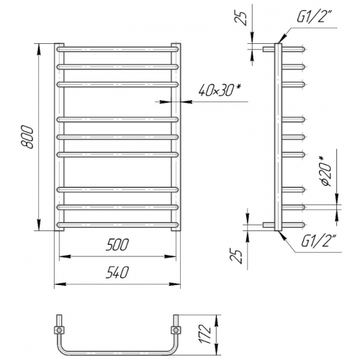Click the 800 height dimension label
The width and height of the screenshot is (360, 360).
click(27, 137)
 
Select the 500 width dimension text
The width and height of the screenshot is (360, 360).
click(117, 244)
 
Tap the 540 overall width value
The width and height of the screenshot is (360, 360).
click(117, 272)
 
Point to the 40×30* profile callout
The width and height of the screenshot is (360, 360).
click(220, 91)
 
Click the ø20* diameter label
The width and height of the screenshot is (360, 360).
click(326, 171)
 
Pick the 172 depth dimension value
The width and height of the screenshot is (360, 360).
click(206, 334)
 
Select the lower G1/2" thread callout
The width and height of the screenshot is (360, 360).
click(318, 241)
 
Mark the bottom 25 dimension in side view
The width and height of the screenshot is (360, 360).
click(236, 256)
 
